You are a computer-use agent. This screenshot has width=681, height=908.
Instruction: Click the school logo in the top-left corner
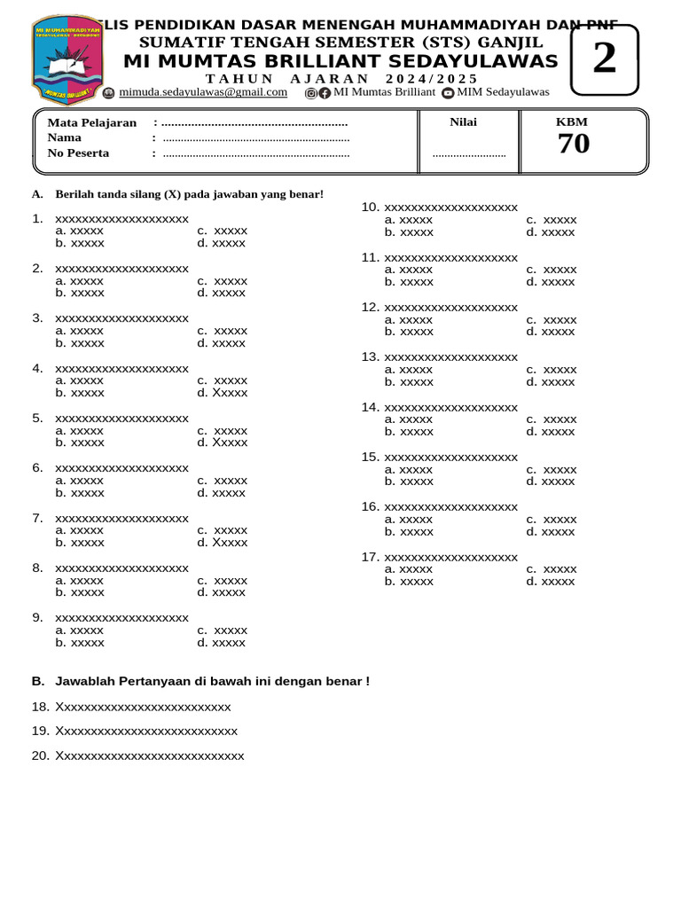point(67,60)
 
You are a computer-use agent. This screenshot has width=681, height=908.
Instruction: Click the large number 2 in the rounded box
point(604,59)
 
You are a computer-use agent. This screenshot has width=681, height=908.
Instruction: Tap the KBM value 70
point(573,144)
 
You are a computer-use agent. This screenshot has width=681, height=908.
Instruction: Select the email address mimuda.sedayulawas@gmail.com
point(203,92)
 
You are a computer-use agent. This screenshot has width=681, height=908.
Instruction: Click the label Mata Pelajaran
point(91,122)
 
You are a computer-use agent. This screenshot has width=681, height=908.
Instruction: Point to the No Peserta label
point(78,153)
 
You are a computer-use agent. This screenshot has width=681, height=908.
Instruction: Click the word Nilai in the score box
point(463,122)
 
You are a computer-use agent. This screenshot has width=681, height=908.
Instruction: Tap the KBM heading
point(571,122)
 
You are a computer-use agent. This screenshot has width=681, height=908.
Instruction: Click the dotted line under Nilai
point(469,154)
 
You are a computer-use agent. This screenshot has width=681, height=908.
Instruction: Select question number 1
point(122,218)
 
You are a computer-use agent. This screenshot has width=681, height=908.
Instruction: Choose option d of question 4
point(223,393)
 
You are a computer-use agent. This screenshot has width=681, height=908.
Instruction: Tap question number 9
point(122,617)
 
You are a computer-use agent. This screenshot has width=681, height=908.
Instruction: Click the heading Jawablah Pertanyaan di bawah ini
point(212,681)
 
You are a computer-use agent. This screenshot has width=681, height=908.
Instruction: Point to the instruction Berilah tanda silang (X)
point(189,194)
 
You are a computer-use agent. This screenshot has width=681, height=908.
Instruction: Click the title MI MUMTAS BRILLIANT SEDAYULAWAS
point(340,61)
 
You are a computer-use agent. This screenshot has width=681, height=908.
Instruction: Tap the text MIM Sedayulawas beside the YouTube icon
point(503,92)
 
